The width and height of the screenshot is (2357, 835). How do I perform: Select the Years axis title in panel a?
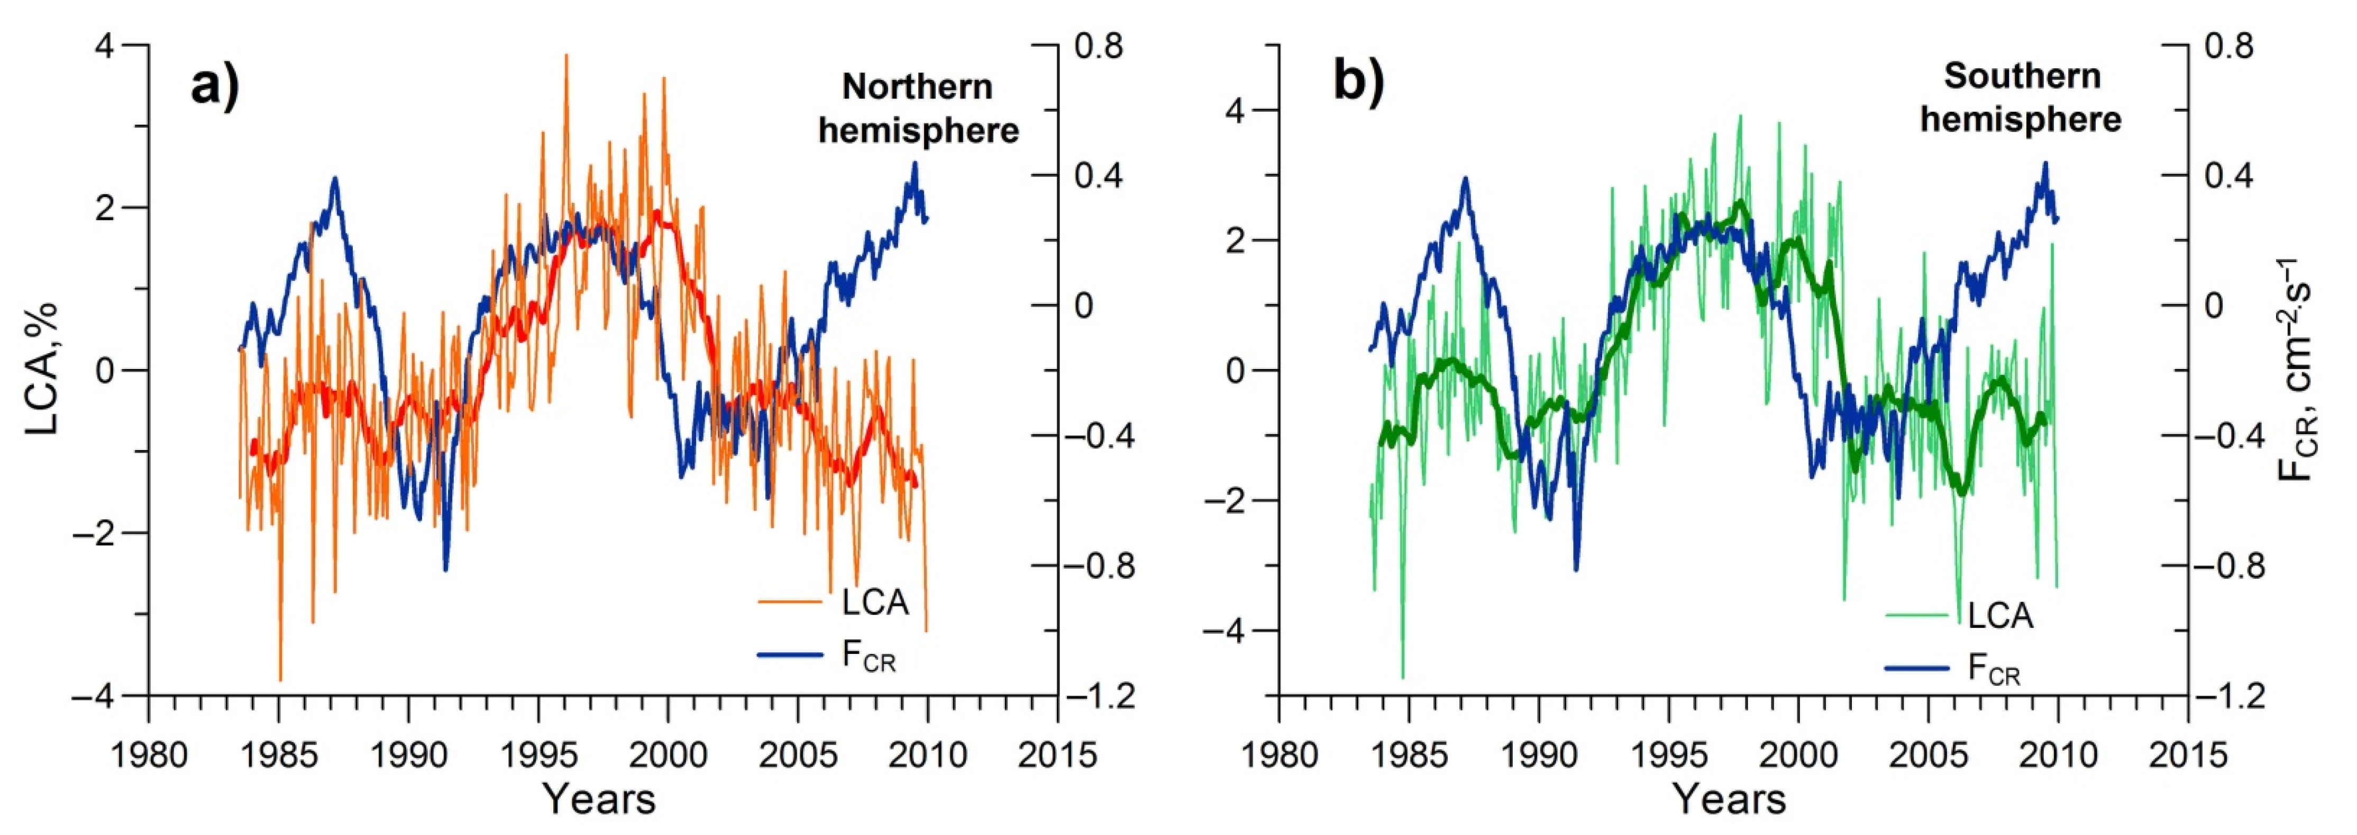(599, 798)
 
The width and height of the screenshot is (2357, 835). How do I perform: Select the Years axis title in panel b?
(1729, 798)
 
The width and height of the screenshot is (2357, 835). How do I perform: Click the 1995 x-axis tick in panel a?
(538, 756)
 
